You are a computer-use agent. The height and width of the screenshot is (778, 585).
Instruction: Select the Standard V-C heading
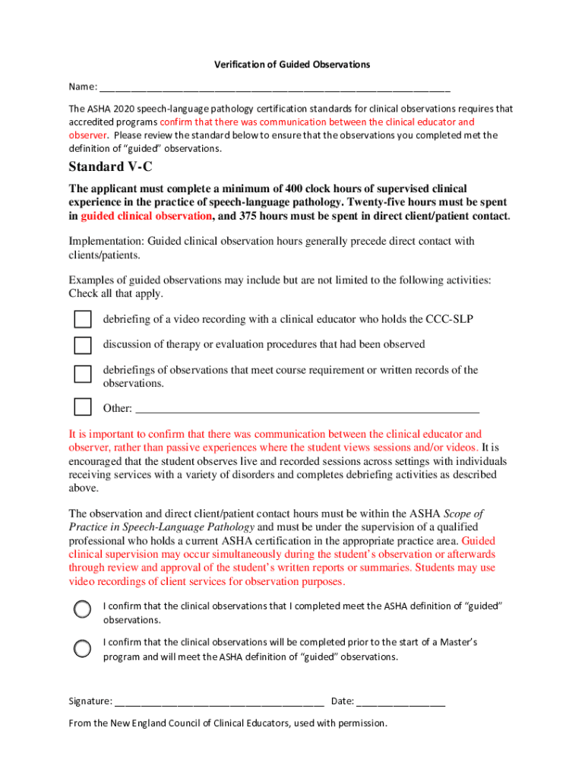[110, 166]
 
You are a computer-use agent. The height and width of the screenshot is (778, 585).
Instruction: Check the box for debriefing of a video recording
[82, 319]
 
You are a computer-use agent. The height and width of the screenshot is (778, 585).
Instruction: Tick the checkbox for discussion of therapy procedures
[82, 345]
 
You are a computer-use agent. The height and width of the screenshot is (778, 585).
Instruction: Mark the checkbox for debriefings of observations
[82, 374]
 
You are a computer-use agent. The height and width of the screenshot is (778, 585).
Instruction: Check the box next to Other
[82, 407]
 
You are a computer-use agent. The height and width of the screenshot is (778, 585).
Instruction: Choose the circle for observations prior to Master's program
[82, 648]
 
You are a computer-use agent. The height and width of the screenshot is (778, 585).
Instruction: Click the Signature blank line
[220, 702]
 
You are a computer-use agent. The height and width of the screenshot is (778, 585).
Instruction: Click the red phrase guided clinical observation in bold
[146, 216]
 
